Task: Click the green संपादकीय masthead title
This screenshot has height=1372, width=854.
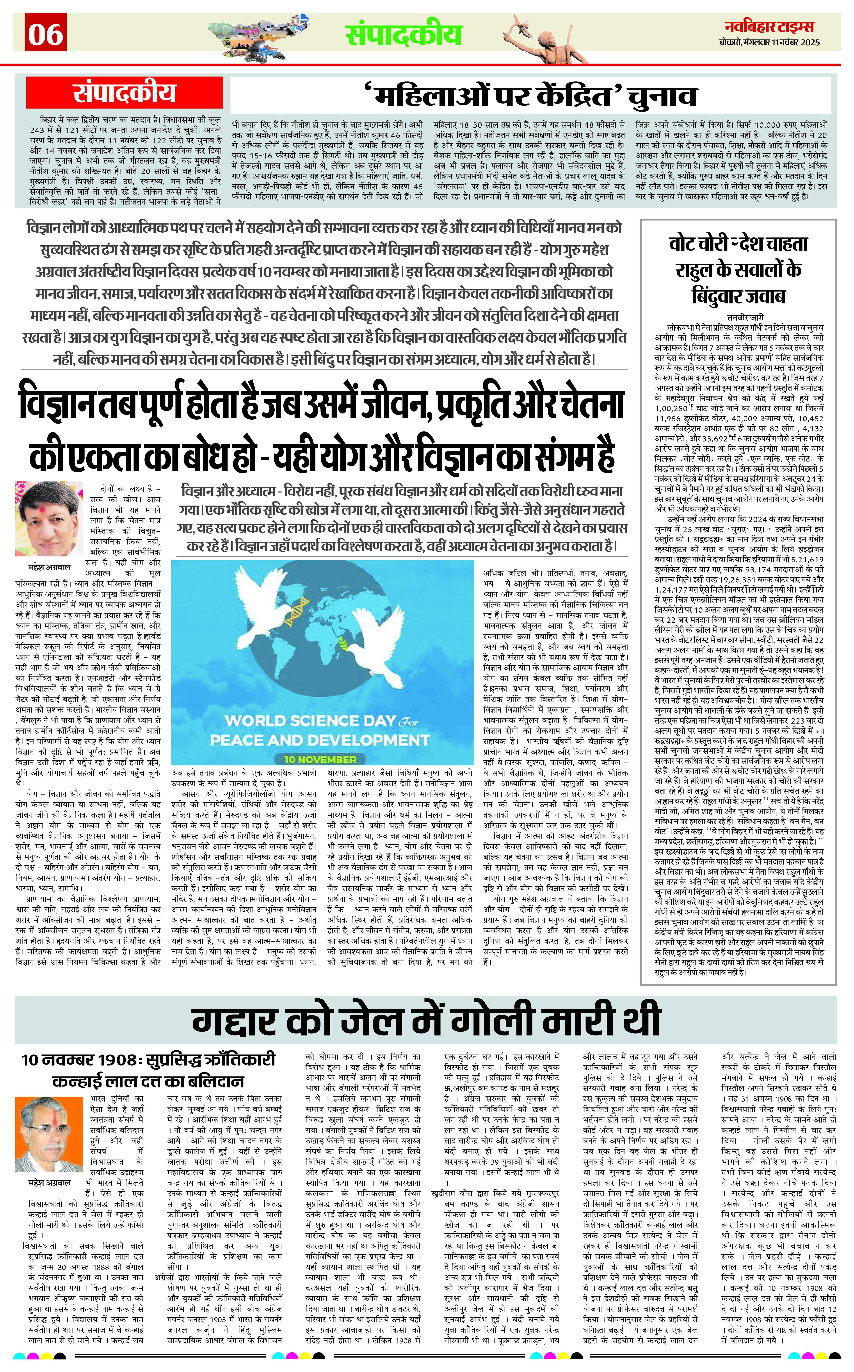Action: click(x=403, y=34)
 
